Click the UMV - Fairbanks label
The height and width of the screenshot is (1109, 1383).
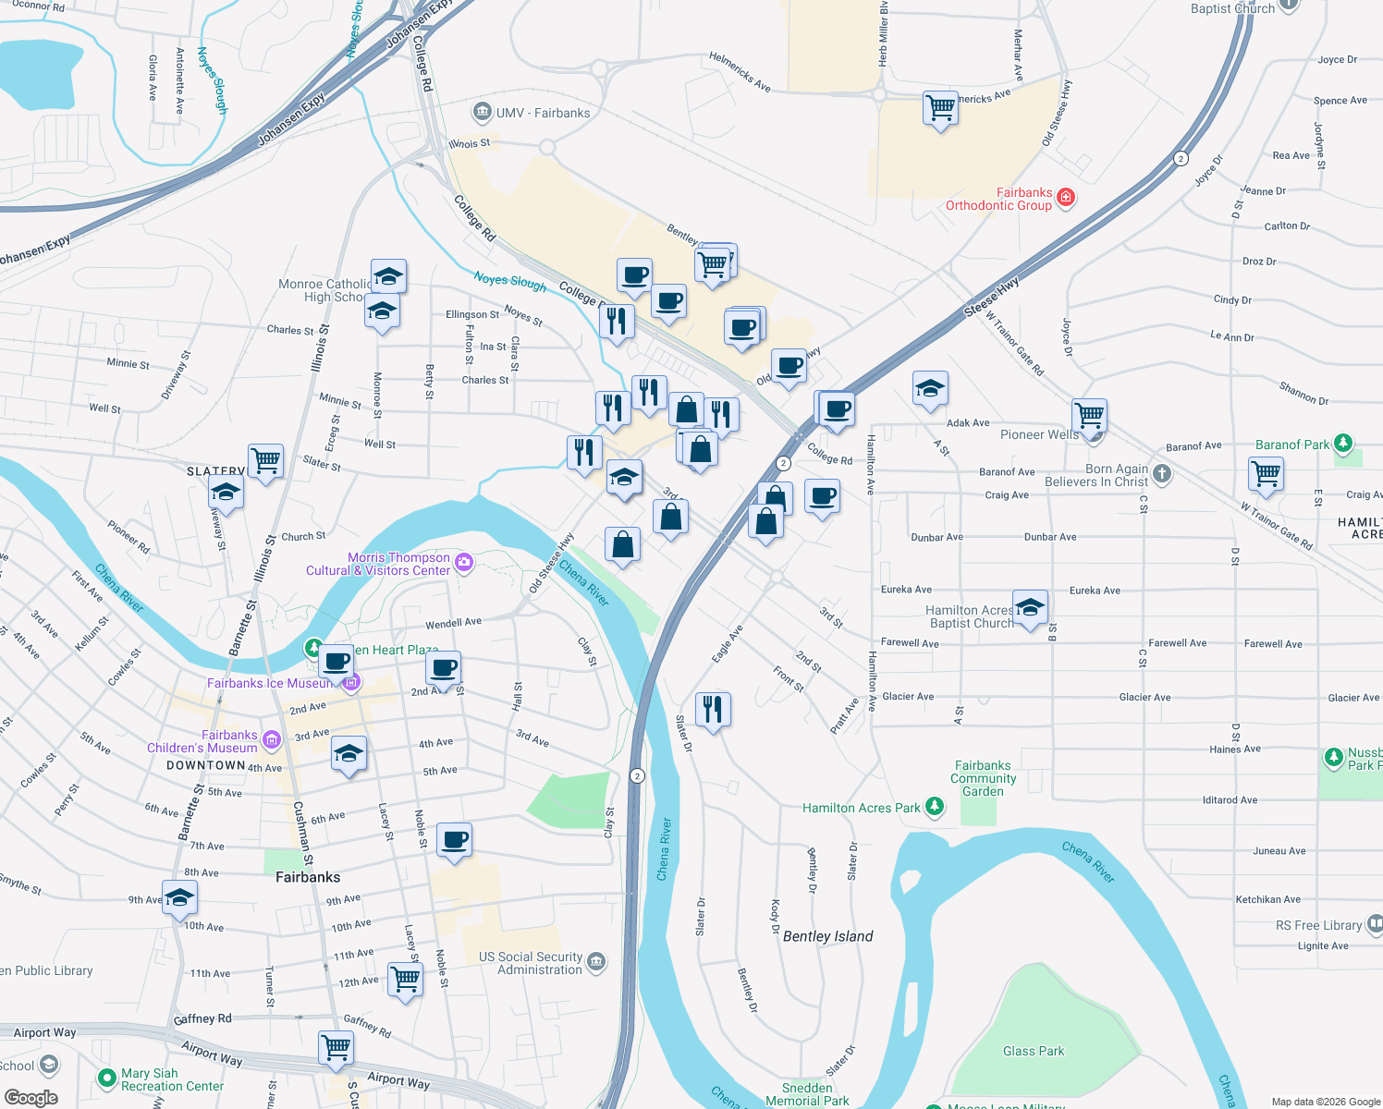tap(543, 113)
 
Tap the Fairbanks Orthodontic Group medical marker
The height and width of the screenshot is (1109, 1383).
tap(1065, 197)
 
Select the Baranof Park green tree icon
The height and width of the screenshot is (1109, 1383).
tap(1343, 444)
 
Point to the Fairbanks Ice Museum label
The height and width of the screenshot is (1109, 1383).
tap(270, 683)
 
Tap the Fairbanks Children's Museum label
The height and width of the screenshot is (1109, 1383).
tap(202, 741)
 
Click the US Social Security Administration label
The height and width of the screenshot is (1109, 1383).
tap(531, 963)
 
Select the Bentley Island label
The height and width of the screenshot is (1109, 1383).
tap(827, 936)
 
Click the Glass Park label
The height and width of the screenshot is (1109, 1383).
tap(1033, 1051)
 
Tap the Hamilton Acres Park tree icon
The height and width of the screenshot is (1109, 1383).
tap(935, 807)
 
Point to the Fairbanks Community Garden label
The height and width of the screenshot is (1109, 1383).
tap(983, 778)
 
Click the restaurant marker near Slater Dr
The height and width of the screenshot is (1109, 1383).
tap(712, 710)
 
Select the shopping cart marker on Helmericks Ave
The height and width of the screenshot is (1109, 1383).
tap(940, 108)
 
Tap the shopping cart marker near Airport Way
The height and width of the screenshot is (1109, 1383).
tap(336, 1048)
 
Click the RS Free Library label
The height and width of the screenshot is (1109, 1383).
tap(1318, 925)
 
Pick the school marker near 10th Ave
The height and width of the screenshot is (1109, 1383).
tap(179, 897)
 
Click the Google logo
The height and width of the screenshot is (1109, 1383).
tap(31, 1097)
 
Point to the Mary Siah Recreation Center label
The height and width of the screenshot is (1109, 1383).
tap(172, 1079)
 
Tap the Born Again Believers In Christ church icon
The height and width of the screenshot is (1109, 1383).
tap(1162, 474)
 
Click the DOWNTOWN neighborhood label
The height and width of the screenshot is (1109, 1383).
tap(205, 765)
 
